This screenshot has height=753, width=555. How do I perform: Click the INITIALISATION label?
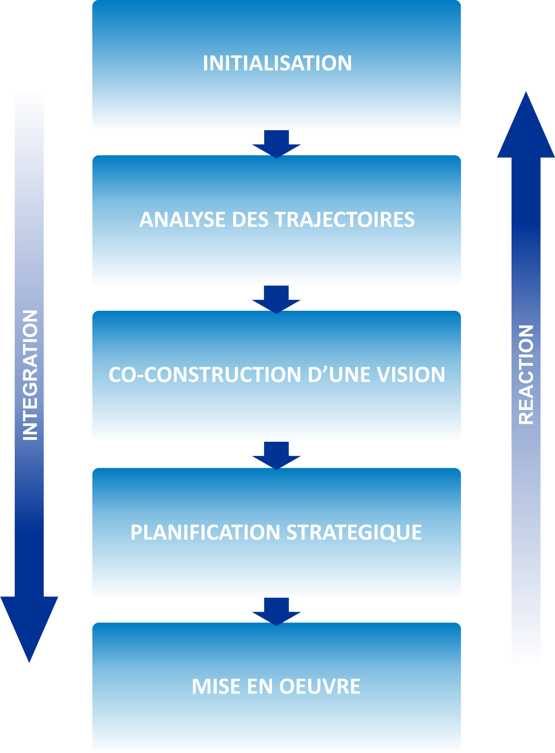point(277,63)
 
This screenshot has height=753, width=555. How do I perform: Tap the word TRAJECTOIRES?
point(345,219)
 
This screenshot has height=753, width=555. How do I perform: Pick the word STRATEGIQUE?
point(354,532)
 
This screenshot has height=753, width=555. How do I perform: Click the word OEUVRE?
point(320,686)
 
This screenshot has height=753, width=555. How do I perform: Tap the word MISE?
point(216,686)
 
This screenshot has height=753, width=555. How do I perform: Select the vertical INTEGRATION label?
point(29,375)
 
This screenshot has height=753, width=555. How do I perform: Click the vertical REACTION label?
point(526,375)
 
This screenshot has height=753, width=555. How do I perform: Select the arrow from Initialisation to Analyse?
point(276,144)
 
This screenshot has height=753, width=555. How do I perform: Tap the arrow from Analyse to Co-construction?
point(276,299)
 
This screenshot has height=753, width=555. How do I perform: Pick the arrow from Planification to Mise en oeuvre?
point(276,611)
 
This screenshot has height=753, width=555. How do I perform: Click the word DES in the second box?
point(250,219)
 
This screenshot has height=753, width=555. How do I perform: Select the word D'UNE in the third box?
point(339,375)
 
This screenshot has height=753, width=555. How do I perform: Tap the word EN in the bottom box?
point(260,686)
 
